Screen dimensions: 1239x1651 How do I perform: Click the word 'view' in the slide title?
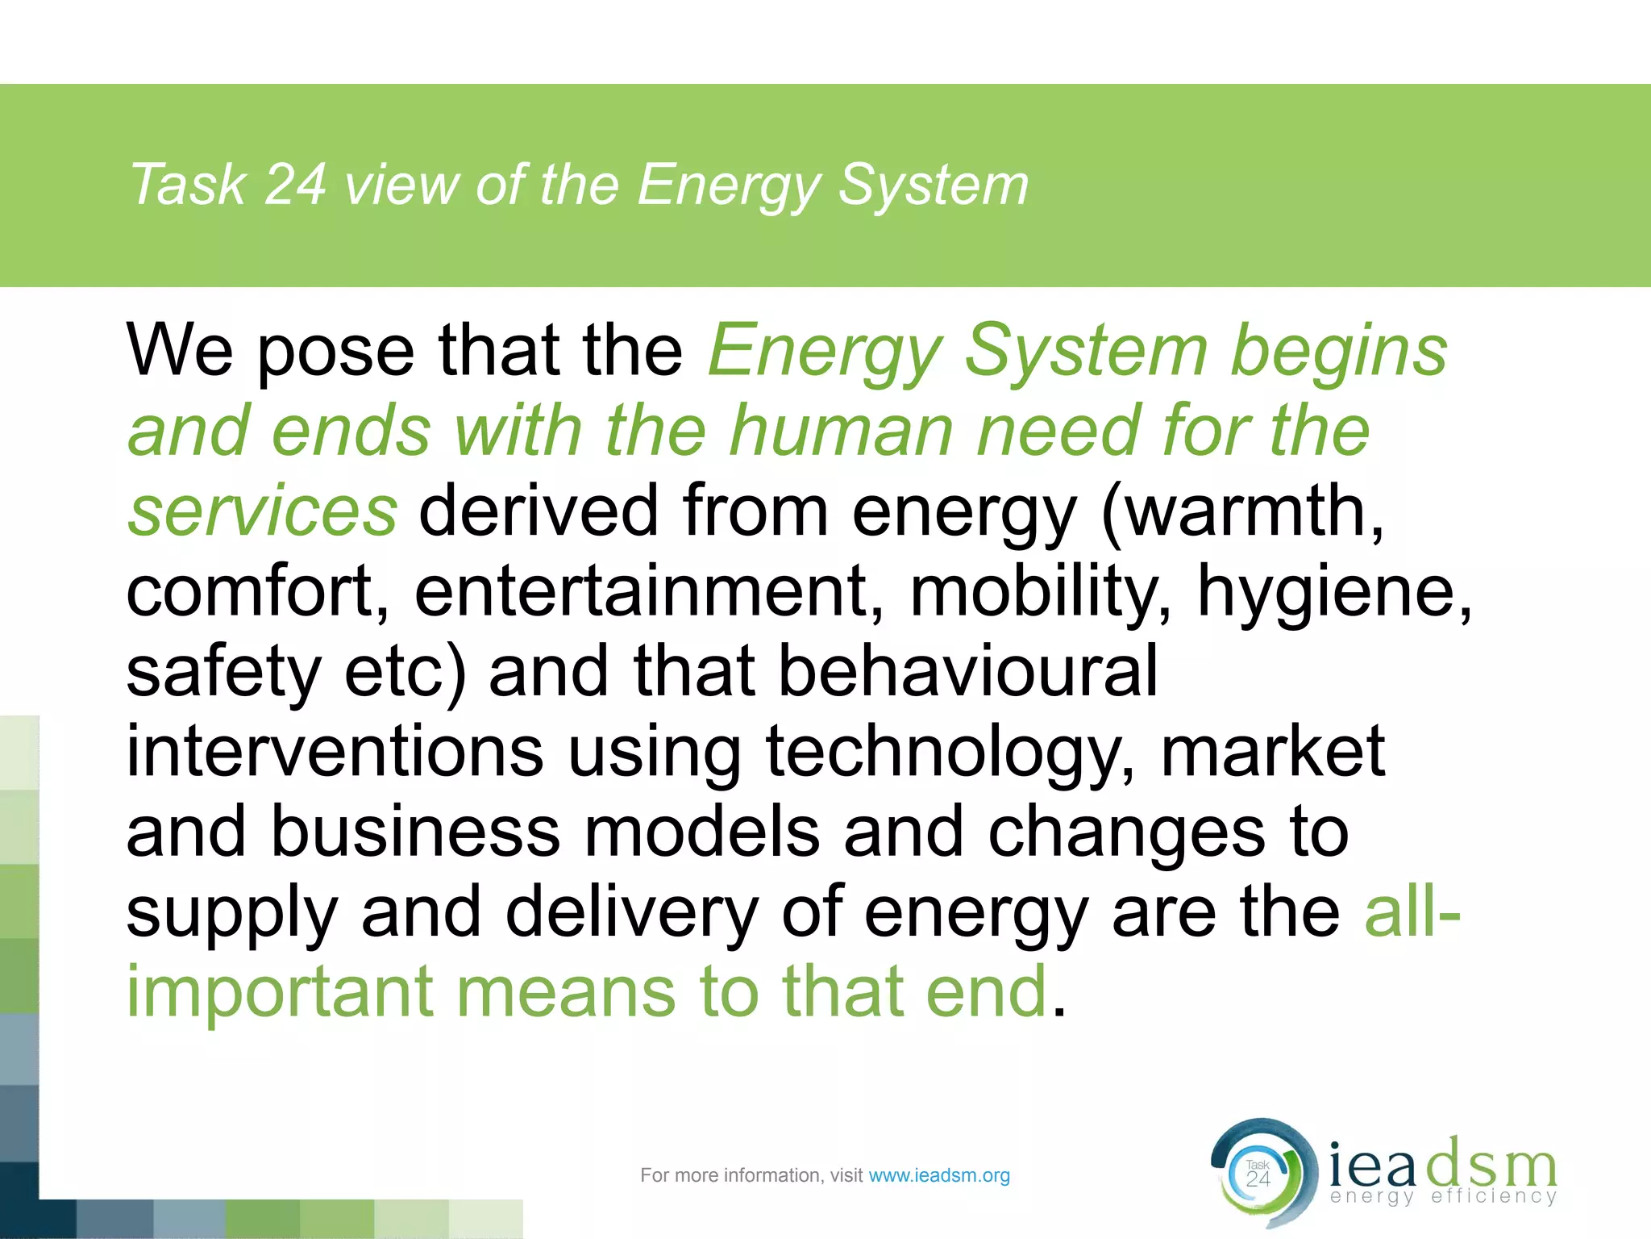(401, 186)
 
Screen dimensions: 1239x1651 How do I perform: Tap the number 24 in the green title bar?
(295, 186)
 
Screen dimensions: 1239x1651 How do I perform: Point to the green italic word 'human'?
(842, 432)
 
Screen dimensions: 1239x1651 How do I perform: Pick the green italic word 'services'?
(263, 511)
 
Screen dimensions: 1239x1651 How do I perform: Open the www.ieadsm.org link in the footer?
(939, 1175)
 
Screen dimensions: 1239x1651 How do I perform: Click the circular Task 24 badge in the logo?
(1258, 1174)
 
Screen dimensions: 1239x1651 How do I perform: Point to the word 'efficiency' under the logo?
(1493, 1196)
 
